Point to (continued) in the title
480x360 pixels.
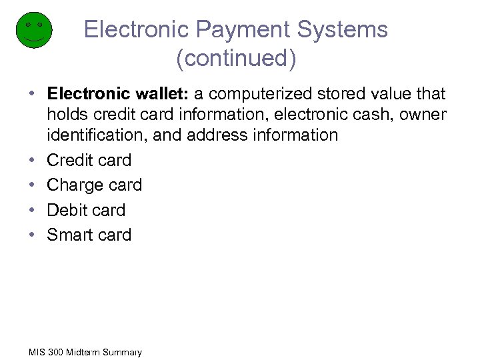(x=236, y=59)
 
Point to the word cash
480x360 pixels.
(x=372, y=115)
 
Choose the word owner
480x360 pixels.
(x=423, y=115)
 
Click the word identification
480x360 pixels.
(x=96, y=135)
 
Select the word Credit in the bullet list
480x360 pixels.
(x=70, y=161)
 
